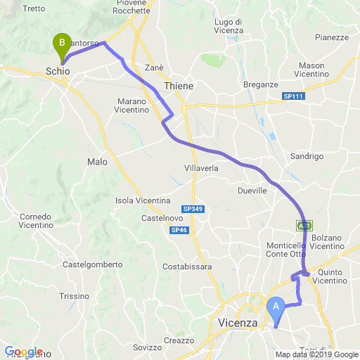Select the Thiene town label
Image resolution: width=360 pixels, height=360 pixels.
point(179,85)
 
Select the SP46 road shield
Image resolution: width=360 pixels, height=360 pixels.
point(179,230)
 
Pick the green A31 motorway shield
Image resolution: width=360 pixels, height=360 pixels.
point(304,225)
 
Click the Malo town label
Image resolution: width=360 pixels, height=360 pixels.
point(97,162)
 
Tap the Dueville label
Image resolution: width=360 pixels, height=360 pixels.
point(253,191)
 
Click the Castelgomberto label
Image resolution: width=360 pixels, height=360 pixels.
point(89,265)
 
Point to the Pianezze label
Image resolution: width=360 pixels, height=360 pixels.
point(332,37)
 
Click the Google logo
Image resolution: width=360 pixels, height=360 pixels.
point(23,352)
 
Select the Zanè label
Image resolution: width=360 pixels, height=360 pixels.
point(154,67)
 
